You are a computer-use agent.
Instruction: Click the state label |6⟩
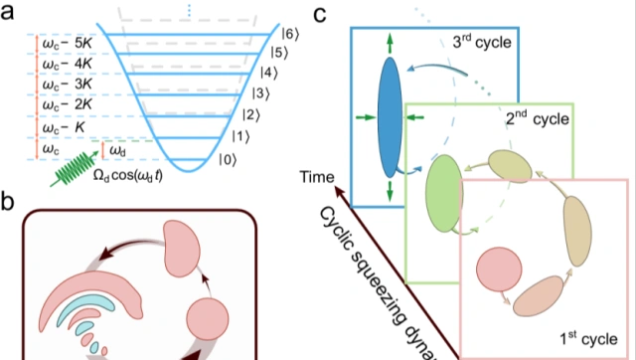point(290,34)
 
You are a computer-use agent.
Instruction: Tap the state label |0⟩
point(228,160)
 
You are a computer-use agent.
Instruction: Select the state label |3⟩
point(260,93)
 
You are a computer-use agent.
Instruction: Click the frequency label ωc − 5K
point(68,43)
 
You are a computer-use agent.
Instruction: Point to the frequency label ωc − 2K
point(68,104)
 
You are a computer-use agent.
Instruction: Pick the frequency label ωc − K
point(64,127)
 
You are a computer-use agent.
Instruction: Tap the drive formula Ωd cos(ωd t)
point(127,176)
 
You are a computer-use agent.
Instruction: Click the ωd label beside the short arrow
point(117,151)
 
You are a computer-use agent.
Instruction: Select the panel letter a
point(7,13)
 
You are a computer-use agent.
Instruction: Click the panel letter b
point(7,201)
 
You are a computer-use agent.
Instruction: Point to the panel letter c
point(320,14)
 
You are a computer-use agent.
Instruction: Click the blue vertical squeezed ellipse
point(390,117)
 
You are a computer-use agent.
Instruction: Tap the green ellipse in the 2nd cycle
point(444,193)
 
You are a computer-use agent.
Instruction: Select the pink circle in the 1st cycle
point(499,270)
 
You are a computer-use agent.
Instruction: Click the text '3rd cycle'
point(482,42)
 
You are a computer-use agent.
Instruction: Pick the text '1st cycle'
point(588,338)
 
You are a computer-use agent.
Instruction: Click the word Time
point(317,177)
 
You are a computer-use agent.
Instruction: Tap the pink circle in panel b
point(208,319)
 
